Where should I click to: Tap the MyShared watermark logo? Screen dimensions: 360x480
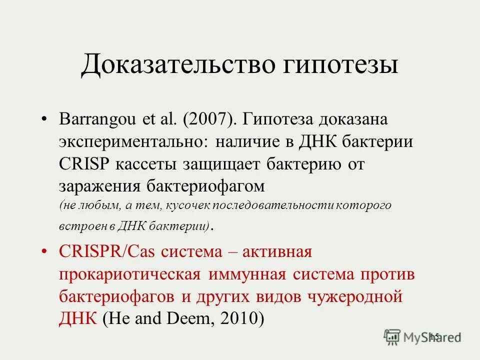pos(421,336)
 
